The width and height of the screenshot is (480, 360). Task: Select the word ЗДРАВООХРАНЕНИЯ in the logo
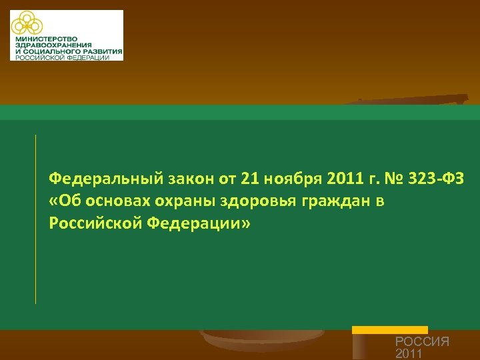pos(51,46)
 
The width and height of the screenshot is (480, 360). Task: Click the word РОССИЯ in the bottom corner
pos(422,341)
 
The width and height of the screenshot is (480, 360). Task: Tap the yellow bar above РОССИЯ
pos(389,329)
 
